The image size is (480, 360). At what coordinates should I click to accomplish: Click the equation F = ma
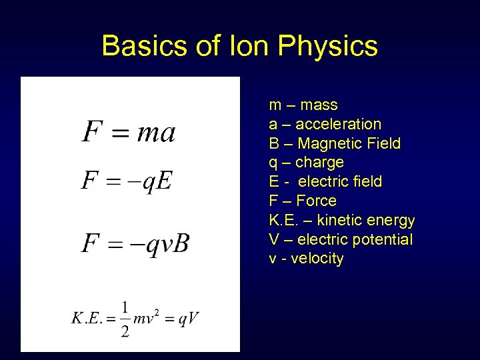point(129,131)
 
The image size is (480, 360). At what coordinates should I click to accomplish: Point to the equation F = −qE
point(127,180)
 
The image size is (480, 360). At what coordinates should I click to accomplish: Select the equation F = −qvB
point(135,243)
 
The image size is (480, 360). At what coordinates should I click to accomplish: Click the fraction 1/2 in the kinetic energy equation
point(125,319)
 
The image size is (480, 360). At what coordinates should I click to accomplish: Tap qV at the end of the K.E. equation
point(189,319)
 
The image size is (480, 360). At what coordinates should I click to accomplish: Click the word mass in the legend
point(319,105)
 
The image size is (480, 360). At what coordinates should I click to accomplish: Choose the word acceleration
point(338,125)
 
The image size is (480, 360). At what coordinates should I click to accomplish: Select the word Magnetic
point(330,143)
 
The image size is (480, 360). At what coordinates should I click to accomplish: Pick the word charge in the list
point(319,163)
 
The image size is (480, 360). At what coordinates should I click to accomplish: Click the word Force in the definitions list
point(316,201)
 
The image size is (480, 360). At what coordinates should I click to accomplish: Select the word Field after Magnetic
point(383,143)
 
